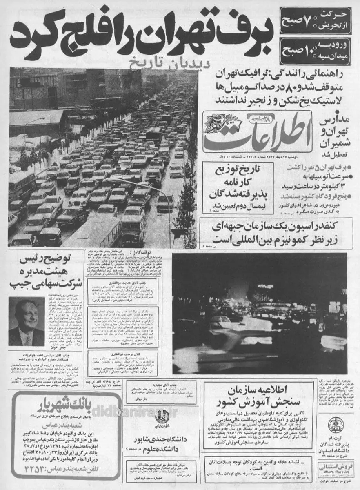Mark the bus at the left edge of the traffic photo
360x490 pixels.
(x=20, y=186)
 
